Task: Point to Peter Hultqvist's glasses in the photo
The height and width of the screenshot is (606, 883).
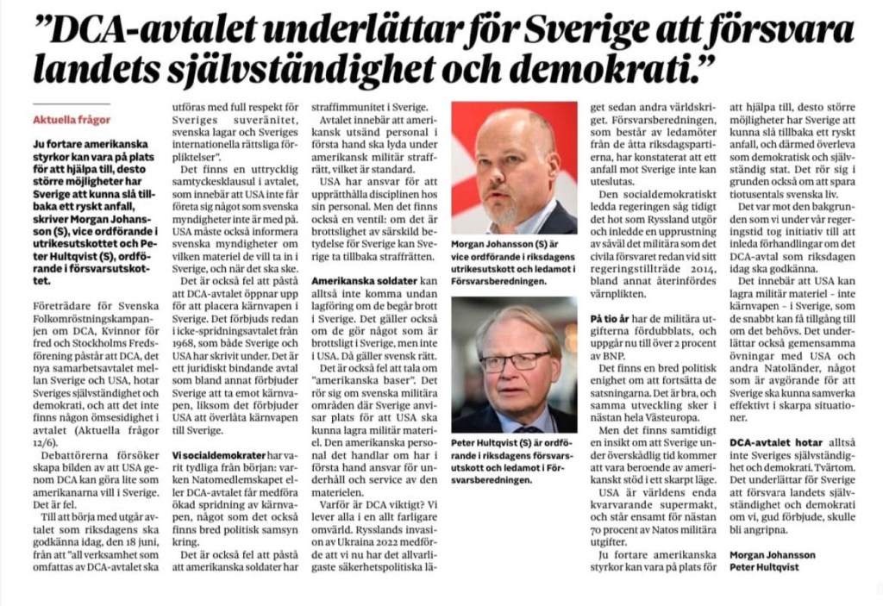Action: (x=514, y=359)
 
